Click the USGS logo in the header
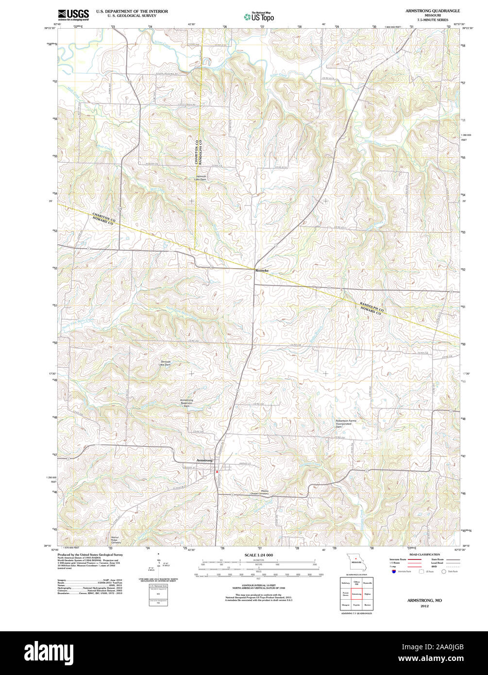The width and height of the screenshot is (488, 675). (73, 14)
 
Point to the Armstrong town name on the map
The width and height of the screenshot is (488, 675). (204, 459)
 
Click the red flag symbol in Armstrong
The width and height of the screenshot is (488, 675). (217, 471)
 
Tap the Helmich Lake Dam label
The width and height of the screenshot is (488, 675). (201, 178)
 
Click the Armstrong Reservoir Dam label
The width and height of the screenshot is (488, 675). (187, 403)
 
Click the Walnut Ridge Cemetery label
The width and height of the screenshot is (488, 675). (116, 540)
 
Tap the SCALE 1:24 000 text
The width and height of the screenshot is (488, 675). (258, 555)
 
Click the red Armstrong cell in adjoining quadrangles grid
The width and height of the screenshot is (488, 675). (356, 593)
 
